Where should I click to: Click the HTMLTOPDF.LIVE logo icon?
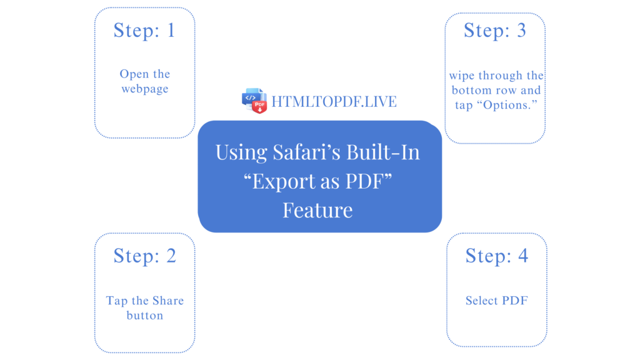(x=254, y=101)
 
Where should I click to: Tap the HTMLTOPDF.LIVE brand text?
(x=334, y=101)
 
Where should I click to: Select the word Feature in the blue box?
(x=317, y=209)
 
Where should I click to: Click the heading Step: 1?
(x=144, y=30)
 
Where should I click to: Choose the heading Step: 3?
(x=495, y=30)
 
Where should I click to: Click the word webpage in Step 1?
(x=145, y=89)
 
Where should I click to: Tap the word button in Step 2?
(x=145, y=316)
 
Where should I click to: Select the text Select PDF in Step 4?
(x=497, y=301)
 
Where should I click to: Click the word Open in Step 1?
(x=134, y=74)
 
